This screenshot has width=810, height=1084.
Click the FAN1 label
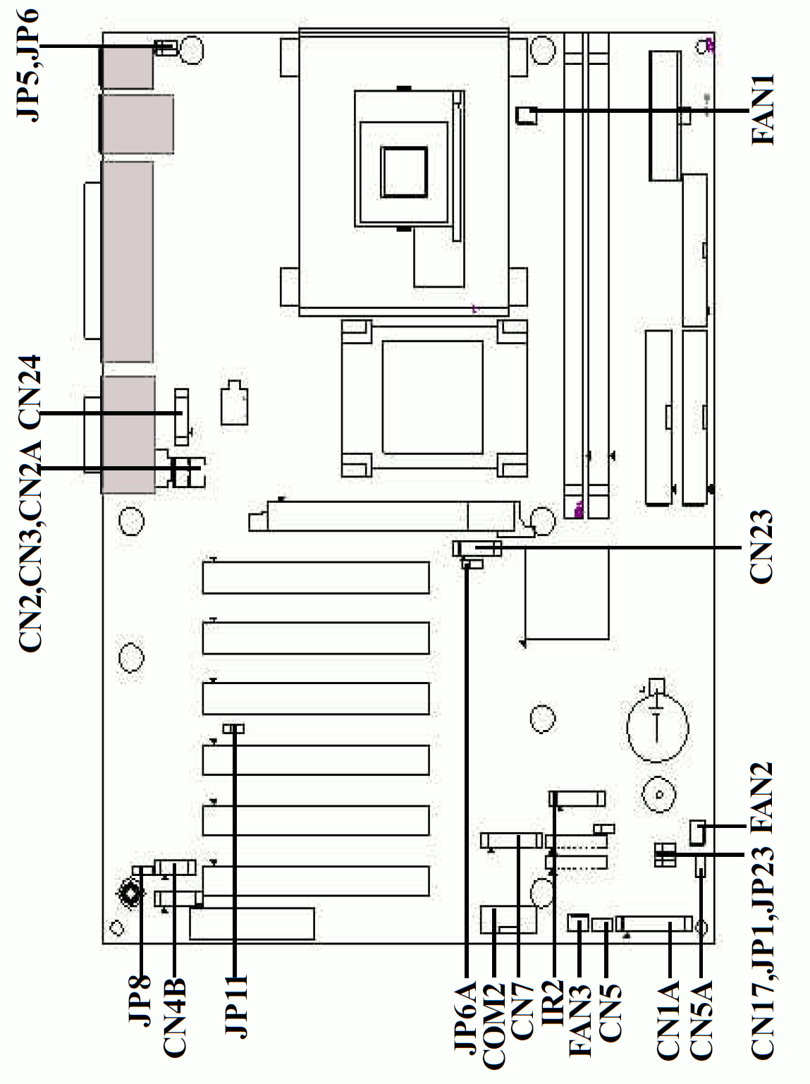[x=763, y=109]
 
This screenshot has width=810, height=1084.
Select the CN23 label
[x=761, y=547]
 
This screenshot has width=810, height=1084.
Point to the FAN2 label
[x=761, y=798]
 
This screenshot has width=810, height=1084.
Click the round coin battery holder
[x=657, y=726]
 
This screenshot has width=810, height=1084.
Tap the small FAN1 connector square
[x=526, y=115]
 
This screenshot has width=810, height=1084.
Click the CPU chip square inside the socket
[x=404, y=172]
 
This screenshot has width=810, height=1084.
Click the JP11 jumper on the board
[x=233, y=729]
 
